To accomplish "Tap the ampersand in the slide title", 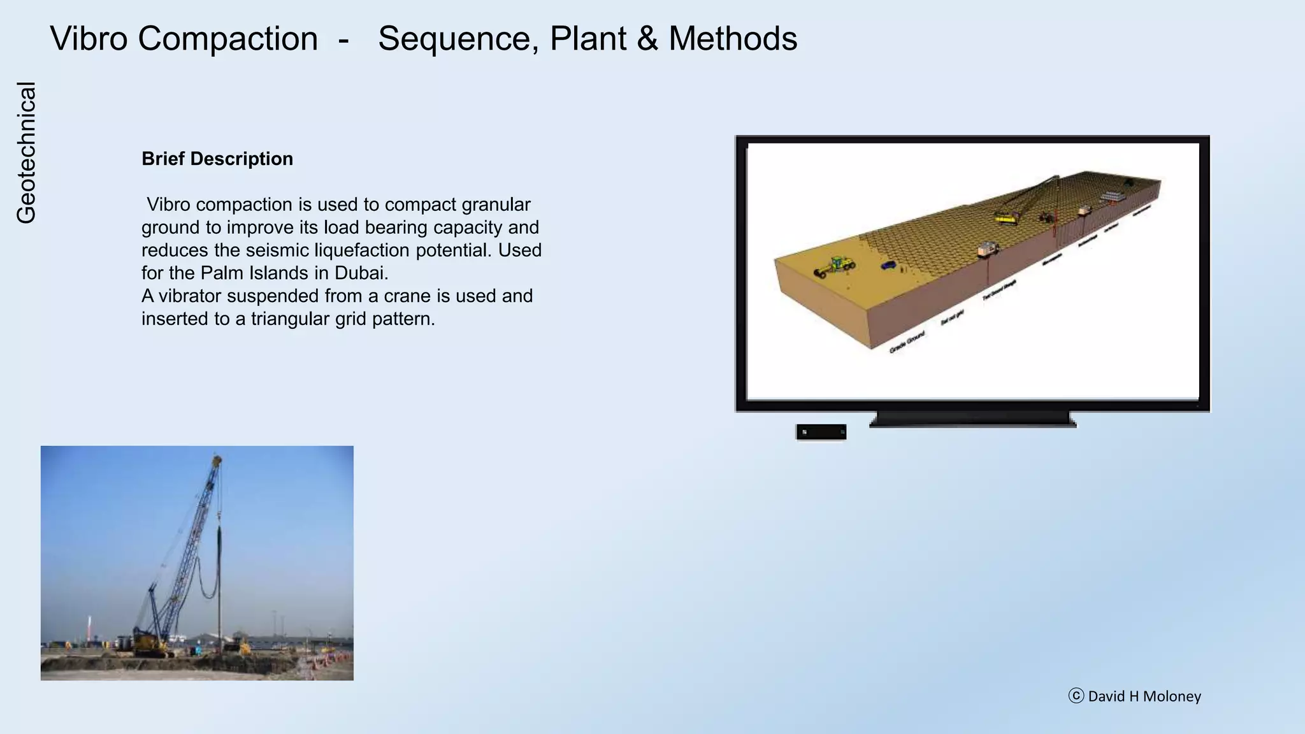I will pos(647,39).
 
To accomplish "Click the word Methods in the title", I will pos(733,39).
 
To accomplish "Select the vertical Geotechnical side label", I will pos(26,153).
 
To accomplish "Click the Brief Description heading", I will pos(217,159).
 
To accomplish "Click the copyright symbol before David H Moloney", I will pos(1076,696).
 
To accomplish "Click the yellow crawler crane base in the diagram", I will pos(1006,220).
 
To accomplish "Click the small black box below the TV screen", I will pos(821,432).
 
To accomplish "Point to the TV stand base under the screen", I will pos(973,420).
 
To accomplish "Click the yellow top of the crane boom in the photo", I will pos(217,459).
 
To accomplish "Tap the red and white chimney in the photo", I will pos(89,627).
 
